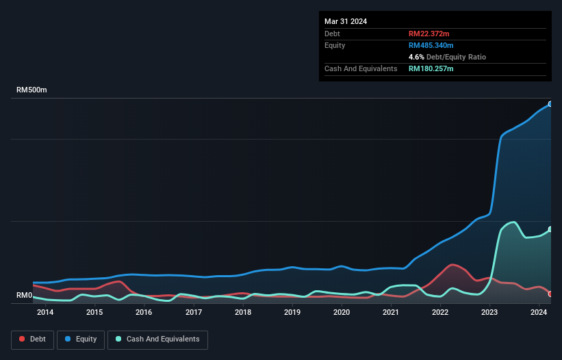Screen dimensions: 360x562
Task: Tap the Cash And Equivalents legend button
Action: pyautogui.click(x=157, y=339)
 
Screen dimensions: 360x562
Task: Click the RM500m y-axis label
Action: pyautogui.click(x=31, y=90)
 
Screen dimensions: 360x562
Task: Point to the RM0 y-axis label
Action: pyautogui.click(x=25, y=296)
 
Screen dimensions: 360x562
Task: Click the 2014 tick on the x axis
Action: pyautogui.click(x=45, y=313)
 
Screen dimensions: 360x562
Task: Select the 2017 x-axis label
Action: pyautogui.click(x=194, y=313)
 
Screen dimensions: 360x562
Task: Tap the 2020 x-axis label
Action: pyautogui.click(x=342, y=313)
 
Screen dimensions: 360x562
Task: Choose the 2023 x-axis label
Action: pyautogui.click(x=490, y=313)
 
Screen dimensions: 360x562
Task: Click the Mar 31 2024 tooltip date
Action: pyautogui.click(x=346, y=21)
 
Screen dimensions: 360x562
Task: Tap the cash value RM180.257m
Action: pyautogui.click(x=431, y=68)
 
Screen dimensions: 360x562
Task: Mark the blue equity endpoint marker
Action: pyautogui.click(x=550, y=104)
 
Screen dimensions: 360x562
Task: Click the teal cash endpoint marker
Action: pyautogui.click(x=550, y=229)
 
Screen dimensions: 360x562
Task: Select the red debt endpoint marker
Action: pyautogui.click(x=550, y=294)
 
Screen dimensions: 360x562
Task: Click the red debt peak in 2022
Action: pyautogui.click(x=452, y=264)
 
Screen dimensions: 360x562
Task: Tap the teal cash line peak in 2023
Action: pyautogui.click(x=513, y=222)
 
